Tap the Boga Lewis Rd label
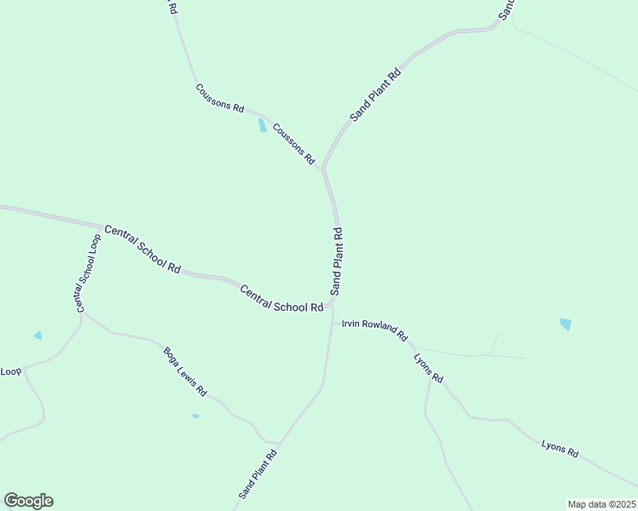185,371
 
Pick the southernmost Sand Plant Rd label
258,474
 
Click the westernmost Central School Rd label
142,249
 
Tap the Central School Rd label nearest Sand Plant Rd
281,298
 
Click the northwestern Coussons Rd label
219,98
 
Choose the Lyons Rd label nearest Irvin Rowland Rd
429,365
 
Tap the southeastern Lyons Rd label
560,448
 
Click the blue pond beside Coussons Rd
263,127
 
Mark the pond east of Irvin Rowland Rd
565,324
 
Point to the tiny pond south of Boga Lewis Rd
195,416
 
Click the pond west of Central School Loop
38,336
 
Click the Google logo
28,501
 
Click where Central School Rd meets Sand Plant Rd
333,302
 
